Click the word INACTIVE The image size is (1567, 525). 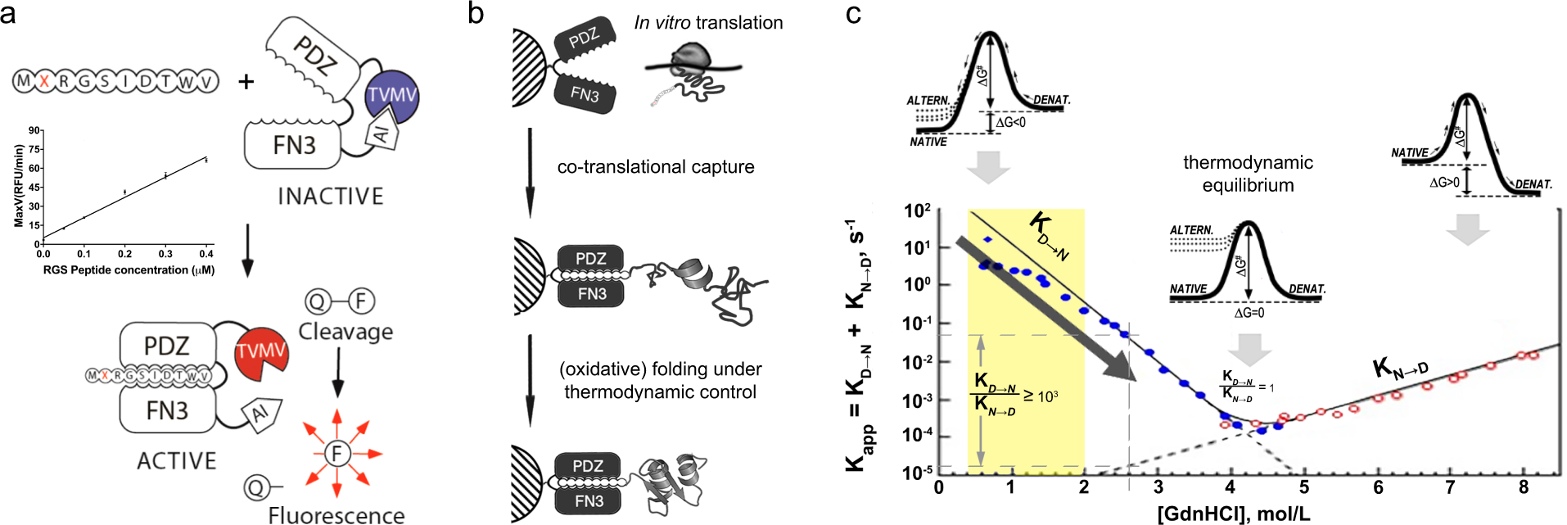330,197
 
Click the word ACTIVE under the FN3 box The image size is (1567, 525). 176,461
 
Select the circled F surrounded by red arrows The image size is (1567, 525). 336,453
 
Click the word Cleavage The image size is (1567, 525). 345,332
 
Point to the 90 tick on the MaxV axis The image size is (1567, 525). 34,130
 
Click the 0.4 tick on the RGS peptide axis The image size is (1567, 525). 206,254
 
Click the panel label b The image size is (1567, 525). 476,13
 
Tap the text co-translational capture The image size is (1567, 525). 656,167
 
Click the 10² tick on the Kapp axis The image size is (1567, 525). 917,211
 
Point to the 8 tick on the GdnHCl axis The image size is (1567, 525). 1523,487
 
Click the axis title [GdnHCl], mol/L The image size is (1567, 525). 1233,514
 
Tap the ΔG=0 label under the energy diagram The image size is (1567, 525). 1249,313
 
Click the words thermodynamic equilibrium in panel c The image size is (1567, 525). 1248,174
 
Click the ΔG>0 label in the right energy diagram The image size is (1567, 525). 1444,182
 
